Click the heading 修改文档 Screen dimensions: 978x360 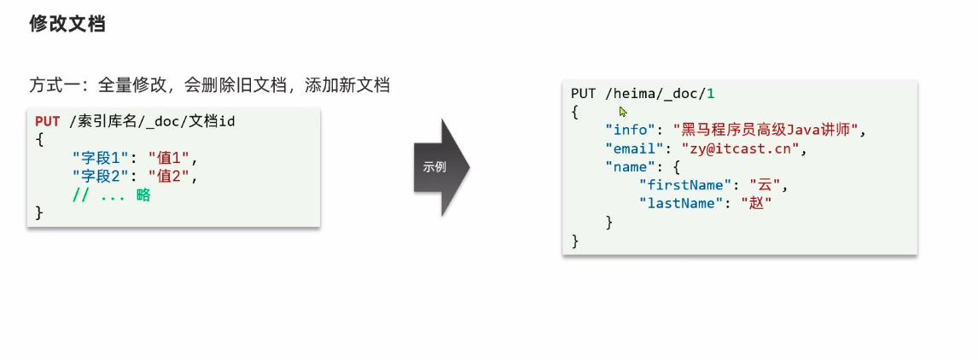(67, 24)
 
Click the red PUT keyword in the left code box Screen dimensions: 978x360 (48, 122)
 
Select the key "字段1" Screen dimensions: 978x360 (101, 158)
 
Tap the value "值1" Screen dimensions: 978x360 (169, 158)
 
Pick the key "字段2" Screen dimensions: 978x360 (101, 177)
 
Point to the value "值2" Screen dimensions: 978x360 (169, 177)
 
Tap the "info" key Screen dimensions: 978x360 (626, 130)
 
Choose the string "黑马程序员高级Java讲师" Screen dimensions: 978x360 (769, 130)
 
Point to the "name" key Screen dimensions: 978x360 (626, 167)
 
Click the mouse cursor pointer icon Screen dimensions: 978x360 (624, 112)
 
